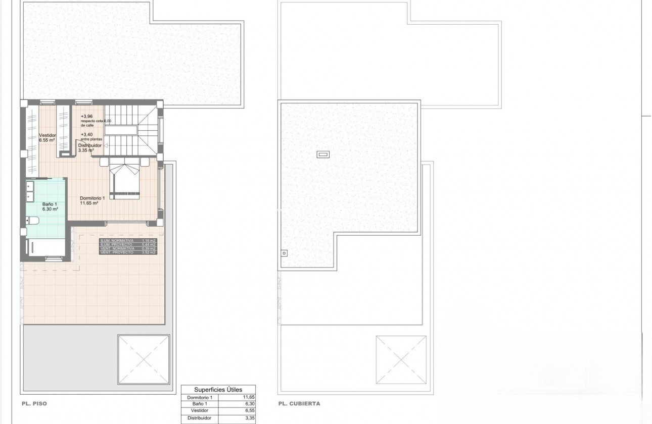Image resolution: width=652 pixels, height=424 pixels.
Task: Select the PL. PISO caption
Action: point(34,404)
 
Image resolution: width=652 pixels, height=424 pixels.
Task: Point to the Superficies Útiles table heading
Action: point(219,390)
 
